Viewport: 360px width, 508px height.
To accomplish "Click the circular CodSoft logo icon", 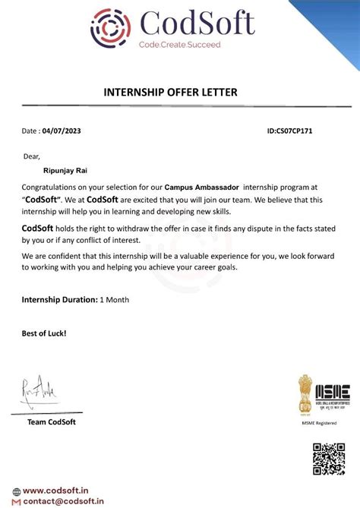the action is click(112, 28).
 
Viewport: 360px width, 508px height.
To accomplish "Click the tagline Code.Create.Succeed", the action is click(179, 46).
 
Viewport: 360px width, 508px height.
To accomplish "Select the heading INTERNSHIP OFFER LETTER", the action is click(170, 93).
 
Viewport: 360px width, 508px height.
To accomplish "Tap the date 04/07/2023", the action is click(62, 131).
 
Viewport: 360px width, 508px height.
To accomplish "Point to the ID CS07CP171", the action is click(290, 131).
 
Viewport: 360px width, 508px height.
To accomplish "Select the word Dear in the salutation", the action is click(31, 156).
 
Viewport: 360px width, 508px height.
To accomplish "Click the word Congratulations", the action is click(54, 187).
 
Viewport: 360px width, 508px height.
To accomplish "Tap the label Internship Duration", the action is click(60, 300).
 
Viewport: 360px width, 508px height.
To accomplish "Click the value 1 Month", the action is click(115, 300).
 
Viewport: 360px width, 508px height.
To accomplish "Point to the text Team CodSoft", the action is click(52, 422).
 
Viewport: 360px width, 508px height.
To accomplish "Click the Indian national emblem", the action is click(305, 393).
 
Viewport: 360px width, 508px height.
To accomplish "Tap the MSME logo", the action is click(333, 394).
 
